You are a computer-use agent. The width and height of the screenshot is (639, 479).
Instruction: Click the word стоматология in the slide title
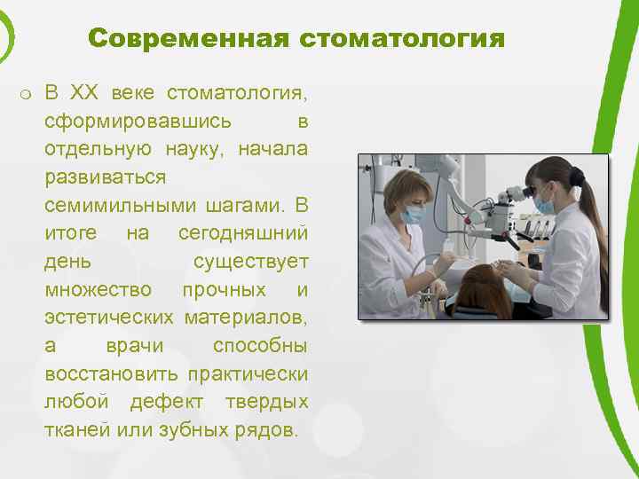(402, 39)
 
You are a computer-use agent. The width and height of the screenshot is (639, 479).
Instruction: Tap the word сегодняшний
(243, 233)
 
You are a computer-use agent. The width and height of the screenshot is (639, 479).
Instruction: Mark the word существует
(250, 262)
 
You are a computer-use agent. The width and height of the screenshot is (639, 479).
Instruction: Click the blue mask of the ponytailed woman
(545, 206)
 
